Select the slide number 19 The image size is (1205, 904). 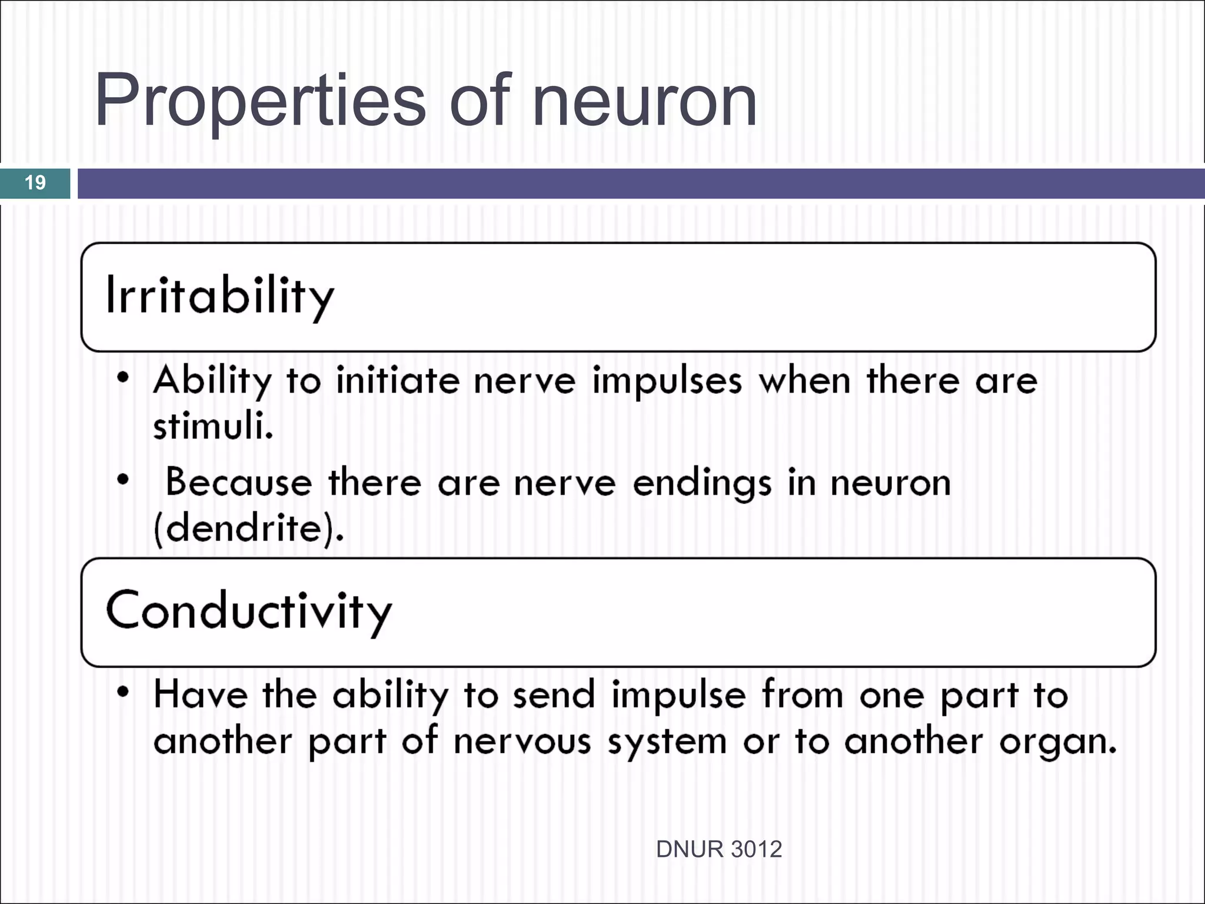[35, 182]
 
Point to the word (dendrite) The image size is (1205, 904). [248, 528]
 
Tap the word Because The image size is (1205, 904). [238, 483]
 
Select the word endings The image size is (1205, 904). [701, 484]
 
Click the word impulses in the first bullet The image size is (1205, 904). [667, 381]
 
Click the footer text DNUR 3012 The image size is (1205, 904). [718, 849]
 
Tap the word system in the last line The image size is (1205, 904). [667, 743]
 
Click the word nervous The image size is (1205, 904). [521, 742]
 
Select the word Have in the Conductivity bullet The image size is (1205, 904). [200, 694]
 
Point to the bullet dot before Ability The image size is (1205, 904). [122, 377]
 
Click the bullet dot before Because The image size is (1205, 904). [122, 480]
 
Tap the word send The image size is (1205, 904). [554, 694]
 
